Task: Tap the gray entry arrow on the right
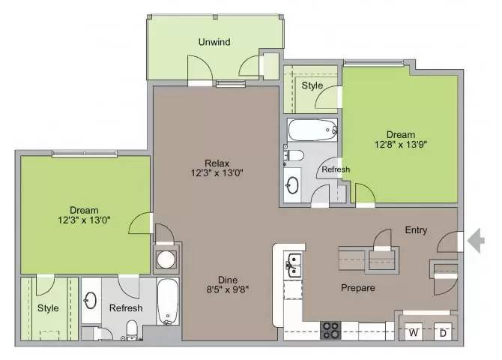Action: click(x=476, y=240)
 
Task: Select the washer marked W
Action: click(x=412, y=331)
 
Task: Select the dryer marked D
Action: click(x=443, y=331)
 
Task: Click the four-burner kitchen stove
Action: click(x=331, y=329)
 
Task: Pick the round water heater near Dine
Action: click(x=165, y=259)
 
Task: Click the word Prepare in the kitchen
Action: click(x=358, y=287)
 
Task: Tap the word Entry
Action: click(x=416, y=230)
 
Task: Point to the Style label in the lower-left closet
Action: click(x=48, y=307)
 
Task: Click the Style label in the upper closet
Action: click(x=312, y=85)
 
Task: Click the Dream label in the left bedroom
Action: click(x=84, y=210)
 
